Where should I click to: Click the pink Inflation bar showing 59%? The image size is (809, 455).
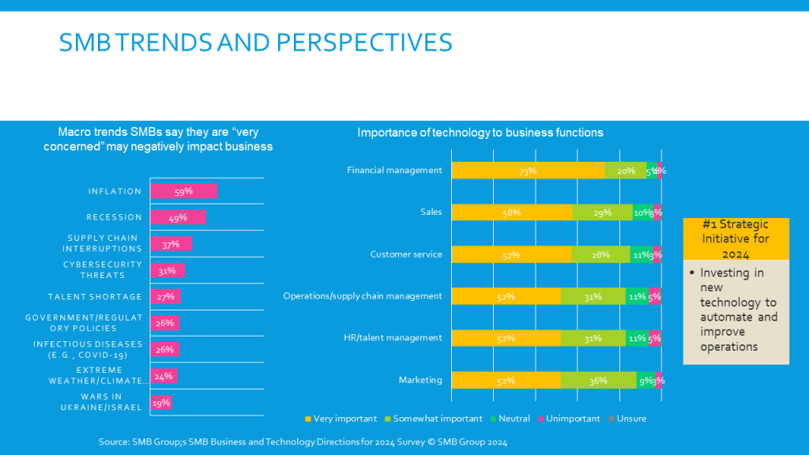(x=183, y=191)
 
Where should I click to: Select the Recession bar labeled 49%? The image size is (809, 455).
(x=178, y=217)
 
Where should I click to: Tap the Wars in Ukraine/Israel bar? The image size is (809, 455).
(x=161, y=402)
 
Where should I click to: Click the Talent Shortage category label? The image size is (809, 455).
(x=95, y=297)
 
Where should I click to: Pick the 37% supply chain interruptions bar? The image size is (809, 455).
(x=171, y=244)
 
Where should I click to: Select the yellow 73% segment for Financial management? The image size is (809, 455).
(x=528, y=170)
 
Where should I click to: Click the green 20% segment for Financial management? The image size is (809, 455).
(x=625, y=170)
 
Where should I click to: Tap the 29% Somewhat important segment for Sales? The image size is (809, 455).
(x=602, y=212)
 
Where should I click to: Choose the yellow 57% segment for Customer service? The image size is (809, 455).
(x=511, y=254)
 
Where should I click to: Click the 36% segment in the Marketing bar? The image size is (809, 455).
(x=598, y=380)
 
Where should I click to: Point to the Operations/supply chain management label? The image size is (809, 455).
(x=363, y=296)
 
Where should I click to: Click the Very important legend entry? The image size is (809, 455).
(x=341, y=419)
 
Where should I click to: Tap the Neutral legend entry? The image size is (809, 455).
(x=514, y=419)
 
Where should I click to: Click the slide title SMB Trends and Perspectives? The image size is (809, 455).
(x=255, y=42)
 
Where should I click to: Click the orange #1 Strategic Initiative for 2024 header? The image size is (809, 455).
(x=736, y=239)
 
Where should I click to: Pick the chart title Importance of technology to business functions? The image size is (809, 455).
(x=480, y=133)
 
